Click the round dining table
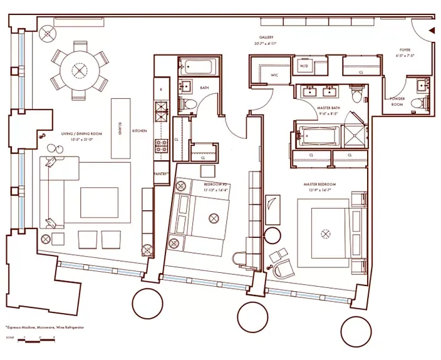click(x=80, y=70)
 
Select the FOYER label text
click(x=405, y=49)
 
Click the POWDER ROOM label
click(x=397, y=101)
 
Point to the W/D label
click(x=304, y=65)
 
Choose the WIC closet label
click(x=274, y=76)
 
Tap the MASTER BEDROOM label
click(x=319, y=184)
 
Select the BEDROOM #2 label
click(x=215, y=184)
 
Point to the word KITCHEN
click(x=139, y=131)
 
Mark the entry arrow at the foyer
click(x=431, y=30)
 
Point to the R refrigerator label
click(x=161, y=89)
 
